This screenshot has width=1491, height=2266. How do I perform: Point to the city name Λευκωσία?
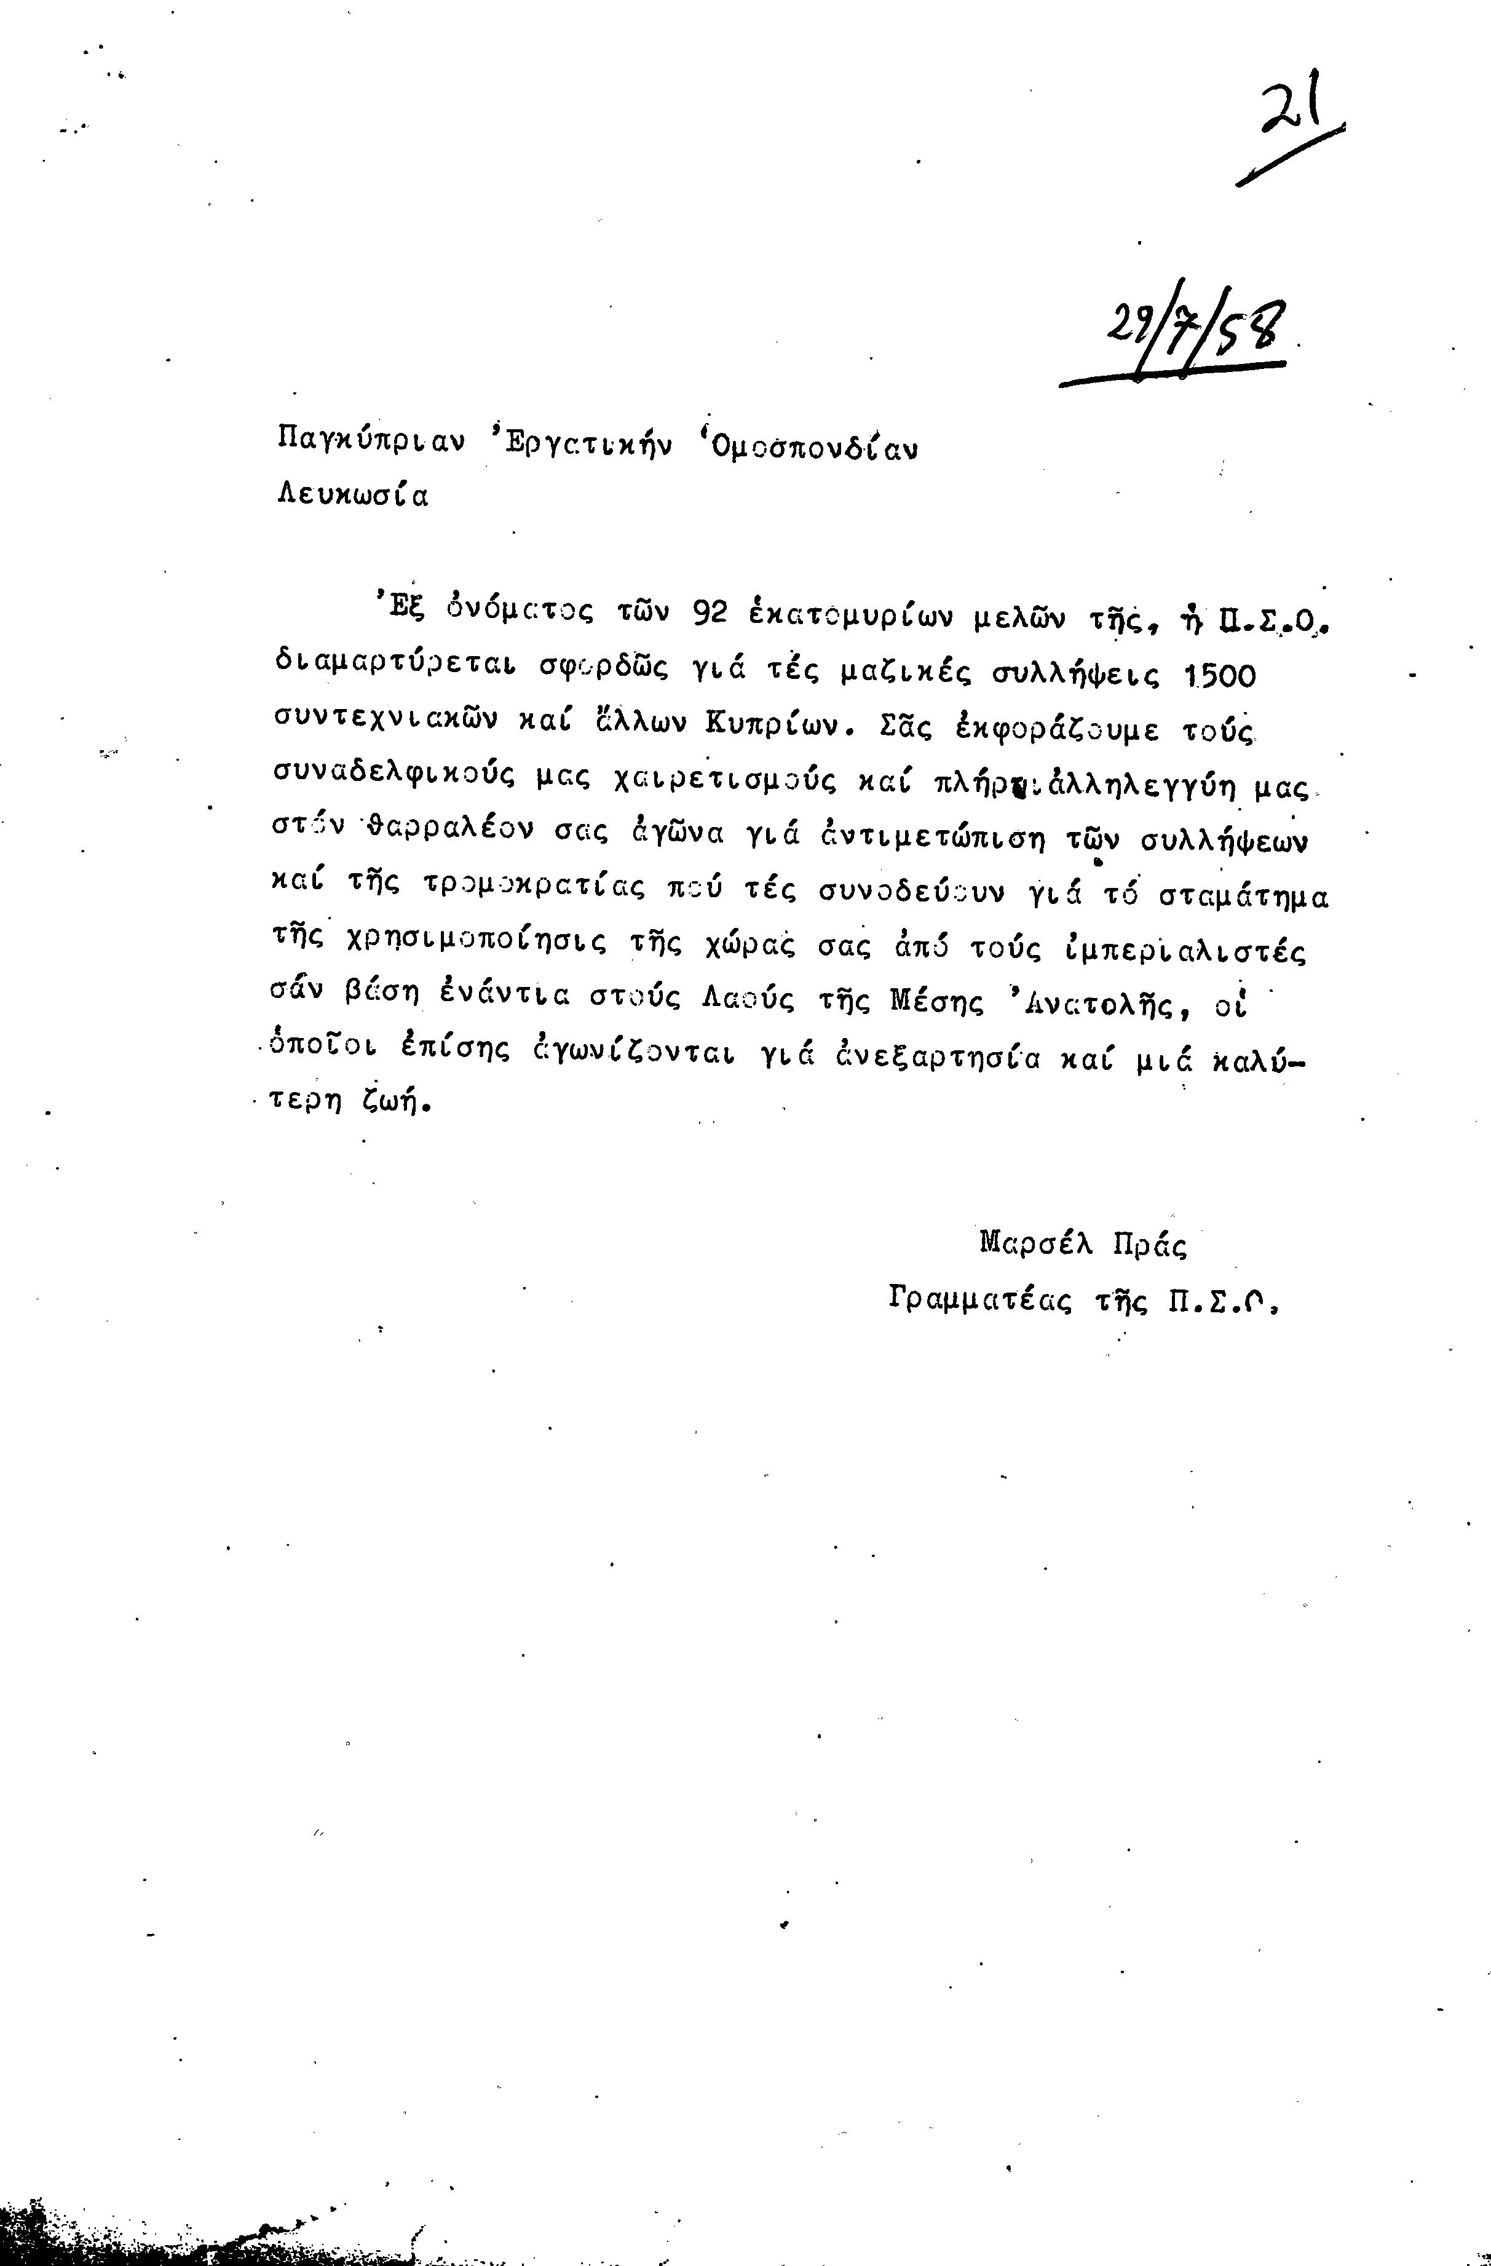(352, 496)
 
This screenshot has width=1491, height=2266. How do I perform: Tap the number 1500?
(1218, 675)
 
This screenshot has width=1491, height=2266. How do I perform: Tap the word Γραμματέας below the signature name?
(981, 1299)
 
